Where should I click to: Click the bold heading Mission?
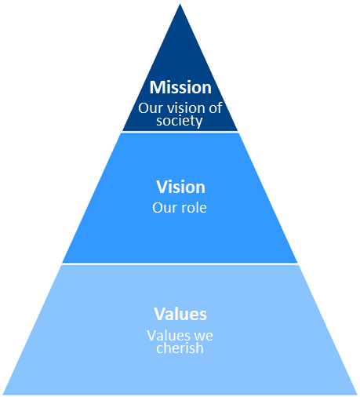[180, 87]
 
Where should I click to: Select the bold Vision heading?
[180, 187]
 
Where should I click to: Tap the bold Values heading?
[180, 314]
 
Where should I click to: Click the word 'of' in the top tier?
[216, 107]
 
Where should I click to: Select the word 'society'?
[180, 121]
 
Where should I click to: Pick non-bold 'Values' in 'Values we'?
[165, 336]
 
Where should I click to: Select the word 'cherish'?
[180, 348]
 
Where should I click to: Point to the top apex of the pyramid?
[180, 4]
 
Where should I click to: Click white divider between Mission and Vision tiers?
[180, 132]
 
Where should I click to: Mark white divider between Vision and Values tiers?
[180, 264]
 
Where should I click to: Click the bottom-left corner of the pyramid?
[3, 395]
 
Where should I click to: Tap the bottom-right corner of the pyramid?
[357, 395]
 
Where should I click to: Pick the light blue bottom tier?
[180, 330]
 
